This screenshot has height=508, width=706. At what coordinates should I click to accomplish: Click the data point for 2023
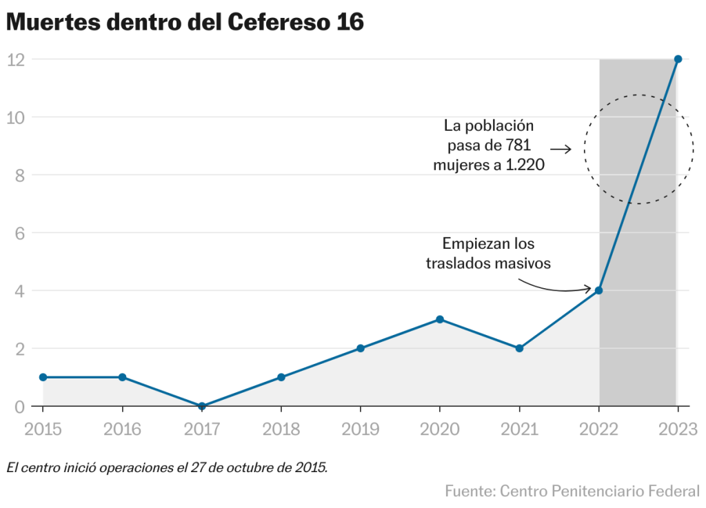pyautogui.click(x=678, y=59)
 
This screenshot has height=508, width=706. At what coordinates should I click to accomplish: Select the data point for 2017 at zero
pyautogui.click(x=202, y=406)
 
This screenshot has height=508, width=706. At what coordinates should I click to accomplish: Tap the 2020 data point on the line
pyautogui.click(x=440, y=319)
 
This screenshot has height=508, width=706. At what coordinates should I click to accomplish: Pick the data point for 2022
pyautogui.click(x=598, y=290)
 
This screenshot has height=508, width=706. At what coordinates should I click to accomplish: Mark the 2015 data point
pyautogui.click(x=43, y=377)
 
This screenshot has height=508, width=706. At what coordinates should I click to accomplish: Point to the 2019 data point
pyautogui.click(x=361, y=348)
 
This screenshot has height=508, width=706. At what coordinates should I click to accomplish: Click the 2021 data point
pyautogui.click(x=519, y=348)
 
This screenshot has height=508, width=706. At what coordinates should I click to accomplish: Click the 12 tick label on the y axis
pyautogui.click(x=16, y=59)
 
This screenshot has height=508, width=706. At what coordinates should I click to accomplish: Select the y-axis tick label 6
pyautogui.click(x=19, y=233)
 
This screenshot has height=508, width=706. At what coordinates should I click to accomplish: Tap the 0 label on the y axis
pyautogui.click(x=19, y=407)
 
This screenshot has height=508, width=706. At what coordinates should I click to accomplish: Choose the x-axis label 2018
pyautogui.click(x=281, y=429)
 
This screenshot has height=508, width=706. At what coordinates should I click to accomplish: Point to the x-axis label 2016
pyautogui.click(x=122, y=429)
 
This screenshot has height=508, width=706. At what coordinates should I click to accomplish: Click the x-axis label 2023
pyautogui.click(x=678, y=429)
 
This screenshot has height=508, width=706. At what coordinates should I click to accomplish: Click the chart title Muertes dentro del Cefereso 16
pyautogui.click(x=185, y=22)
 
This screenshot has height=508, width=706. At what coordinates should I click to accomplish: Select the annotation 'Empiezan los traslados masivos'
pyautogui.click(x=488, y=254)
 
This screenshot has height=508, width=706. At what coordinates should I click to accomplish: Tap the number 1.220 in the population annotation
pyautogui.click(x=523, y=165)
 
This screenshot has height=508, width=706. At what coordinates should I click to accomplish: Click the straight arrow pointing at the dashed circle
pyautogui.click(x=561, y=149)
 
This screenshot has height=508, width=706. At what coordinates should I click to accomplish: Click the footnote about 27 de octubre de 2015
pyautogui.click(x=167, y=467)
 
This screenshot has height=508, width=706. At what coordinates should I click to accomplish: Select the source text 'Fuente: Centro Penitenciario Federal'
pyautogui.click(x=572, y=491)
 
